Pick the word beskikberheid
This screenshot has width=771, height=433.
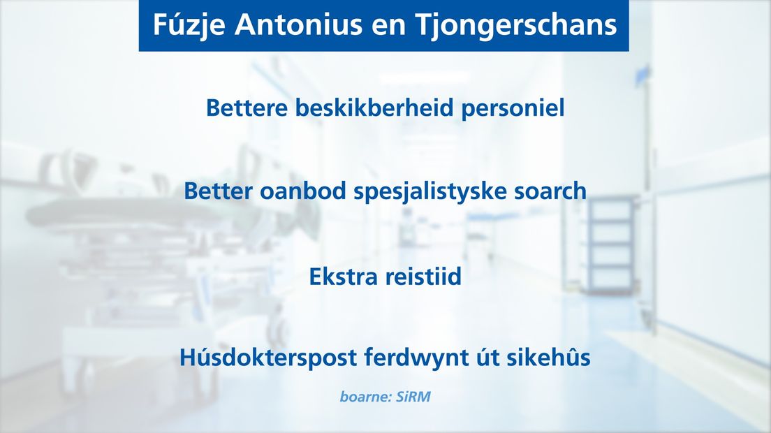[x=374, y=108]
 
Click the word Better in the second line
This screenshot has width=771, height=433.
[x=218, y=191]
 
